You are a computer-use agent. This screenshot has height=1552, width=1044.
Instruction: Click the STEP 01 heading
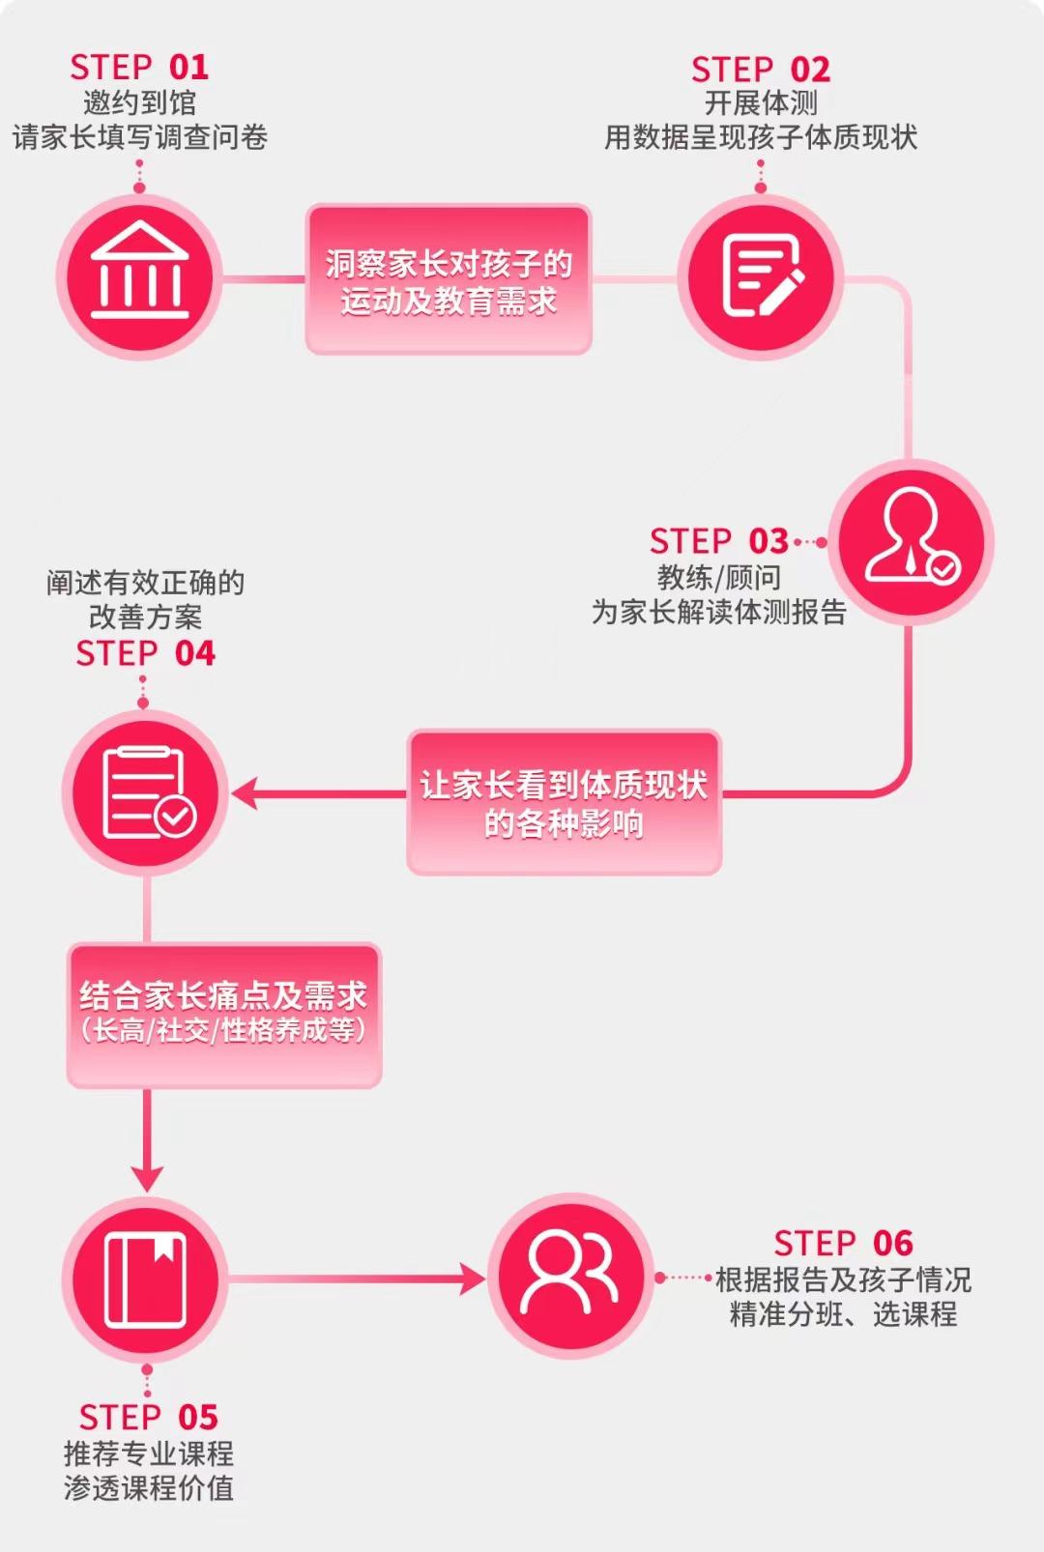139,68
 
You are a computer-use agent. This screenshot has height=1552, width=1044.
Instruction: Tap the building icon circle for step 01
139,277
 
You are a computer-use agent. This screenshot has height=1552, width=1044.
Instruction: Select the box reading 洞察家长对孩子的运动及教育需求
448,280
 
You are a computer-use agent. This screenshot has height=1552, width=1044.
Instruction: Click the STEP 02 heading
761,70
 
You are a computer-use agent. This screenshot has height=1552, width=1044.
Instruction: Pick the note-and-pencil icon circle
761,277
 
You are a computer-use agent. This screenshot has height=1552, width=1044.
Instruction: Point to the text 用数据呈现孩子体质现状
761,137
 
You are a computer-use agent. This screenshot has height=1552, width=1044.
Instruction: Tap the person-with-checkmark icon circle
911,541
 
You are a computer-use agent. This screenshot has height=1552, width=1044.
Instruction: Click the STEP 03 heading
719,541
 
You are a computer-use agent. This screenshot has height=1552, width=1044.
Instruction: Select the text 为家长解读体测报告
719,612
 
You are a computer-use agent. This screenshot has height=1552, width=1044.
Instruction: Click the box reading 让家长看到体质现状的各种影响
564,803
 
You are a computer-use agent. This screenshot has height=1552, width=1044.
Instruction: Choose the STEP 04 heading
145,654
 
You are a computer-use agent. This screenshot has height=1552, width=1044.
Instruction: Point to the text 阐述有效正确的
145,583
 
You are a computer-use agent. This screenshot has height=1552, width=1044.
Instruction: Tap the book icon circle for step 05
145,1279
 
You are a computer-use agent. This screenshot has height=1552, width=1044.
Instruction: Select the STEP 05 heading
148,1418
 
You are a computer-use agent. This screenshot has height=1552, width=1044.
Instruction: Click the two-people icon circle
570,1277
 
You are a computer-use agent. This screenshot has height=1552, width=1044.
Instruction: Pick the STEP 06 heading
843,1244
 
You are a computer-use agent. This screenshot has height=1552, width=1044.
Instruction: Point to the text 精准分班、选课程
843,1314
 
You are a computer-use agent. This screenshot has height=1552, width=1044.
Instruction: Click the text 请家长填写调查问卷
139,137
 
